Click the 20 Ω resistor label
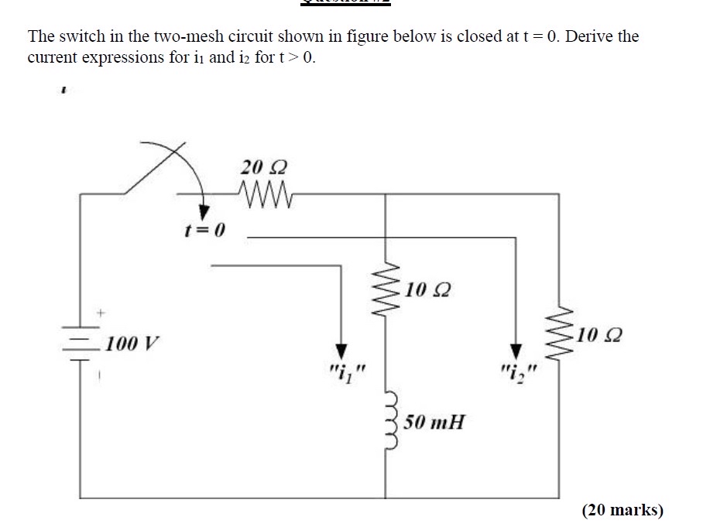coord(264,167)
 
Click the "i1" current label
coord(341,374)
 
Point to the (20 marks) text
coord(623,509)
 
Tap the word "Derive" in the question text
coord(588,36)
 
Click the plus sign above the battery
coord(99,313)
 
